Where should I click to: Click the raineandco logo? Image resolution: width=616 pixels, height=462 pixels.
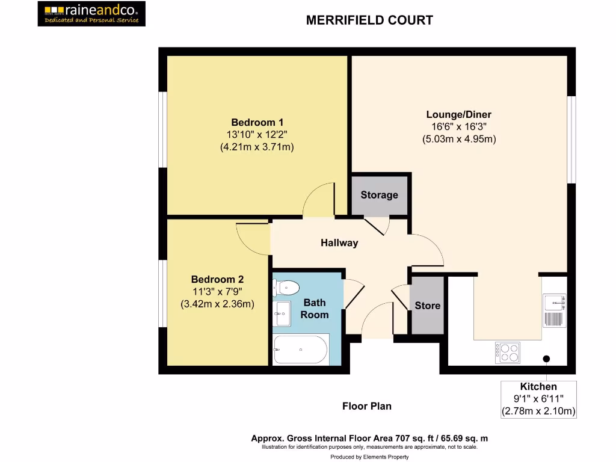tap(91, 13)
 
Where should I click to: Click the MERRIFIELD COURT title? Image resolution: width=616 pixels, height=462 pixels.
tap(369, 20)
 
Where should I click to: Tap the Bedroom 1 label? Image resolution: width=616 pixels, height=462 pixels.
tap(257, 122)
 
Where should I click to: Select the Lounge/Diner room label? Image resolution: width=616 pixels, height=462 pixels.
tap(458, 114)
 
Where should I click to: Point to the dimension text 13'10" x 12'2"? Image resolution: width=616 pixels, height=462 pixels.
tap(257, 134)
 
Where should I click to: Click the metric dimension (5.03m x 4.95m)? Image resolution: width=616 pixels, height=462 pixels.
tap(458, 138)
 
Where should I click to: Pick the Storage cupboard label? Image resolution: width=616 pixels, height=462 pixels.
tap(379, 195)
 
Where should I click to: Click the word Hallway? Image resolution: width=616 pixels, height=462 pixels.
tap(339, 243)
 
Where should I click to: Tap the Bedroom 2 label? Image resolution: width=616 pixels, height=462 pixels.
tap(217, 280)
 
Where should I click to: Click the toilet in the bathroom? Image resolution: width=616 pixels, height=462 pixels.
tap(286, 288)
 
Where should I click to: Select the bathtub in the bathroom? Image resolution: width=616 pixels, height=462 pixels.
tap(300, 349)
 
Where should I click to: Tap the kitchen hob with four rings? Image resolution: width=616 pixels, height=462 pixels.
tap(507, 352)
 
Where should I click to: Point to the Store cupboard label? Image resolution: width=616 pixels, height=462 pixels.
tap(427, 306)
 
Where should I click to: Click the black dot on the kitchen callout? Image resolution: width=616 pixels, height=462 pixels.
tap(546, 359)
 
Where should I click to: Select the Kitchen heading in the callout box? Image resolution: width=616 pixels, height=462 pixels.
tap(538, 387)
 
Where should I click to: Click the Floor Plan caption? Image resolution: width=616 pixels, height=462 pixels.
tap(367, 406)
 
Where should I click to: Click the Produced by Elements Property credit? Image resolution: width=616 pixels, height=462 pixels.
tap(369, 457)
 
